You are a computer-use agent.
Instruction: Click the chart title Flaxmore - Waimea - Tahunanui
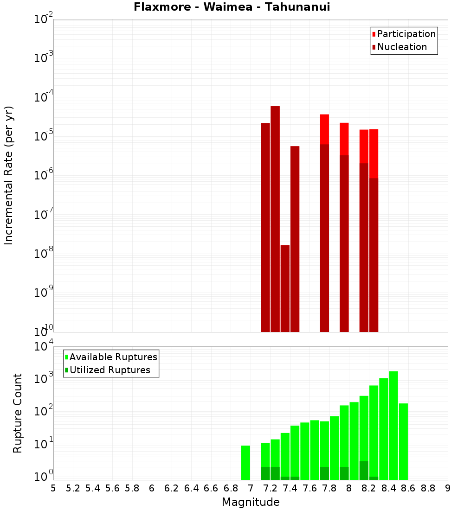(x=232, y=7)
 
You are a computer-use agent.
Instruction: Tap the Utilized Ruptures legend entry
(x=110, y=370)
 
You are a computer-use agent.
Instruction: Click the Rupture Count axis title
(x=18, y=413)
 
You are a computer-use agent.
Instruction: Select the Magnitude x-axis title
(x=251, y=502)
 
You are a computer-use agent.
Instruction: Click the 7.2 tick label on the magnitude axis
(x=270, y=488)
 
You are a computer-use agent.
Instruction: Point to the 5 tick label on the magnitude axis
(x=53, y=488)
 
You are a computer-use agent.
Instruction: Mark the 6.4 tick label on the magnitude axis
(x=191, y=488)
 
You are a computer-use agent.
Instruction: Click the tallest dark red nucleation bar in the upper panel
(x=275, y=218)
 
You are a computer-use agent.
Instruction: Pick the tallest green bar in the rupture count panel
(x=393, y=424)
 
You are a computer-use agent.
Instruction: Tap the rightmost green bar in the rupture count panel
(x=403, y=440)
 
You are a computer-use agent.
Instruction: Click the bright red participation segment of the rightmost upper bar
(x=374, y=153)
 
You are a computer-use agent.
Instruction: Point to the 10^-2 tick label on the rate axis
(x=44, y=19)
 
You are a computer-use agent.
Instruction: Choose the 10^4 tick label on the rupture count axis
(x=44, y=346)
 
